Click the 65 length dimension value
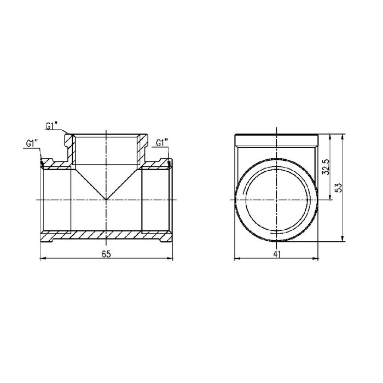pos(107,253)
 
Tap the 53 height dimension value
pos(338,187)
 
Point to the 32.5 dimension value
pos(327,167)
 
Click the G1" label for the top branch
pos(53,126)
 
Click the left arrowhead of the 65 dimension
pos(44,258)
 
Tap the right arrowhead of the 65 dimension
pos(170,258)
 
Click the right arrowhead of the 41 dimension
pos(316,258)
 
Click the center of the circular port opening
pos(277,200)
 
